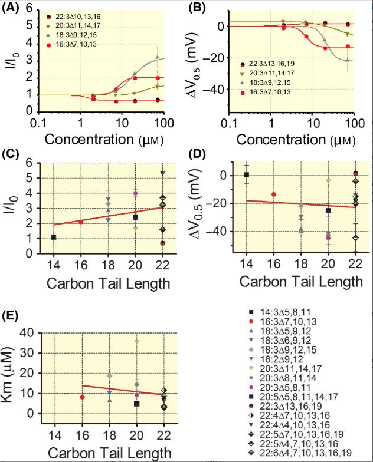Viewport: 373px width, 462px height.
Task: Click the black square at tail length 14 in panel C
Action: point(54,237)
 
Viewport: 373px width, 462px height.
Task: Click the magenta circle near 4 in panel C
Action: point(135,193)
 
